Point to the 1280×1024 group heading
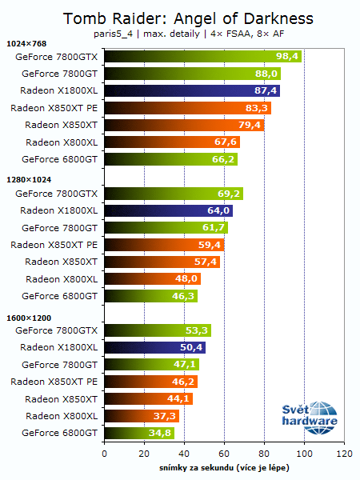27,181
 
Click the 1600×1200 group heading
27,318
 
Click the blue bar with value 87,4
191,90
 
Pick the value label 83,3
256,108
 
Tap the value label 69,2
228,194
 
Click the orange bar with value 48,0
152,279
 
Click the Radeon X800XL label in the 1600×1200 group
62,416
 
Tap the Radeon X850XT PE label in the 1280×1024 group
54,245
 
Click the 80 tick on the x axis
264,454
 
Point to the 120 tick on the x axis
344,454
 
